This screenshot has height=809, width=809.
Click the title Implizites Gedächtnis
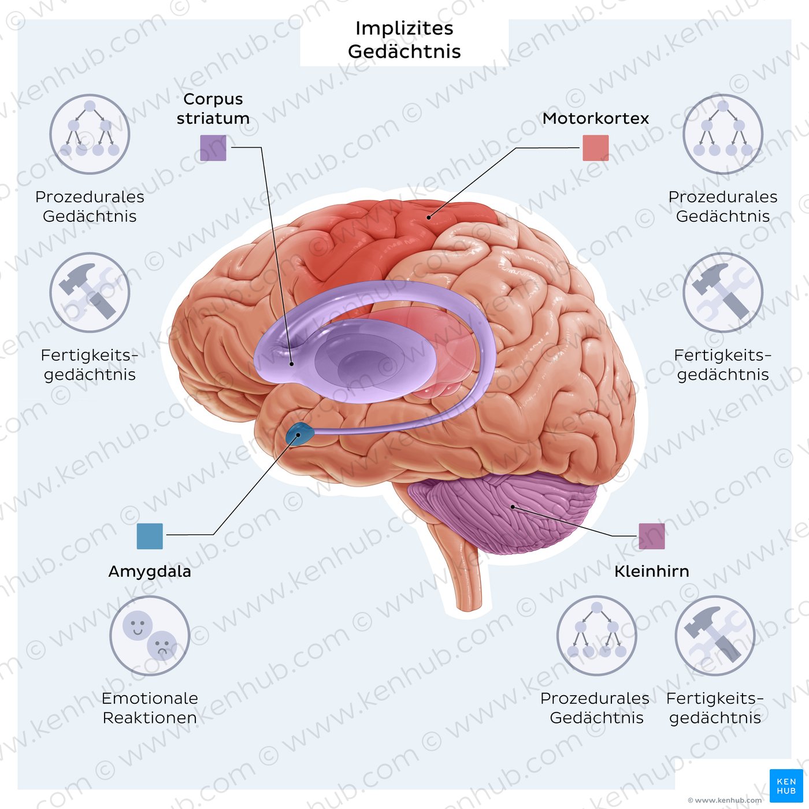pos(404,40)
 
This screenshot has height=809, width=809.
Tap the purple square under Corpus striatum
pos(213,148)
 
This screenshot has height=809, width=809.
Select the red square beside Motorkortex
pos(595,148)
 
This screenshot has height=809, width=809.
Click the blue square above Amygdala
pos(150,536)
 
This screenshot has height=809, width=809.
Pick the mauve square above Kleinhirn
pos(651,536)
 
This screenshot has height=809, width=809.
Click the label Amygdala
pos(150,572)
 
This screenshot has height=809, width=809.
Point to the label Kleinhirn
pos(651,572)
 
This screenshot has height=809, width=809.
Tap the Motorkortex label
pos(595,118)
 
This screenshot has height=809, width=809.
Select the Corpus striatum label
pos(213,109)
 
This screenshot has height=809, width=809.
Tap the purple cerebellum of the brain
pos(503,509)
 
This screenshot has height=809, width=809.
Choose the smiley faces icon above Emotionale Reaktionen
pos(150,636)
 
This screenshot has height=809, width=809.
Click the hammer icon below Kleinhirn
pos(715,636)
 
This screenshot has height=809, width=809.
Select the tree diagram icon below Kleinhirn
pos(596,636)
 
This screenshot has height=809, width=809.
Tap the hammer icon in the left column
pos(90,292)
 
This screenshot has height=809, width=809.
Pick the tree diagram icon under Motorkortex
pos(723,134)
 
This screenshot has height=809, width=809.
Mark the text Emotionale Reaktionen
pos(150,708)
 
